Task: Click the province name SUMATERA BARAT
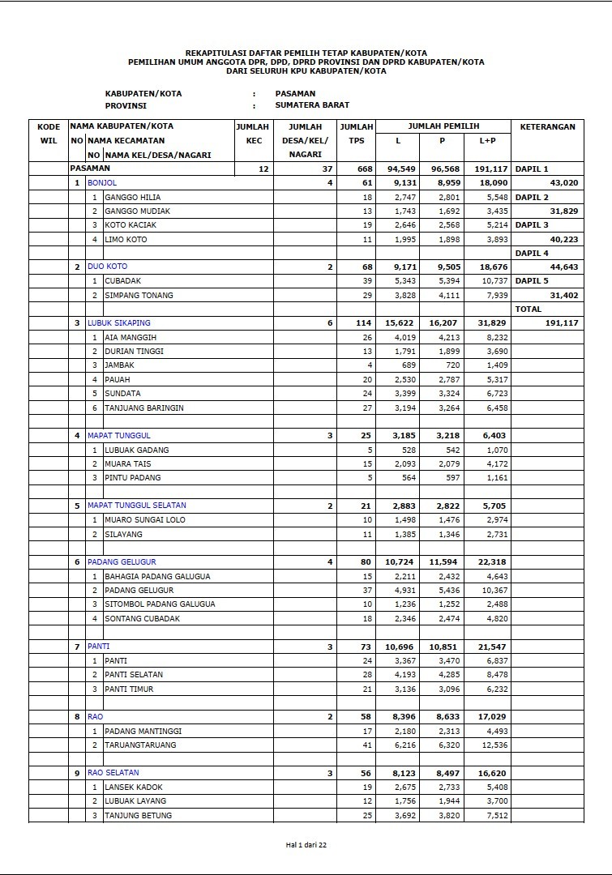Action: [x=312, y=105]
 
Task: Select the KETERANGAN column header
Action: [x=547, y=126]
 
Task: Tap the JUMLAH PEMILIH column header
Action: [x=443, y=126]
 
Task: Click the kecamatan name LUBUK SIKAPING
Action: [x=119, y=322]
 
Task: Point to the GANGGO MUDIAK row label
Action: [x=137, y=211]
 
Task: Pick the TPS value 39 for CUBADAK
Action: [x=367, y=280]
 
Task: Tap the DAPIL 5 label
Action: [x=532, y=280]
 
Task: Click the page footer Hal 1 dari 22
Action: [x=306, y=844]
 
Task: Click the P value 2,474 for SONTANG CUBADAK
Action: [x=447, y=618]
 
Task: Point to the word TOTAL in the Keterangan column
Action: [x=528, y=309]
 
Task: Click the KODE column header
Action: [x=49, y=126]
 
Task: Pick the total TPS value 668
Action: [x=364, y=169]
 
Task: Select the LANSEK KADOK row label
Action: [x=133, y=787]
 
